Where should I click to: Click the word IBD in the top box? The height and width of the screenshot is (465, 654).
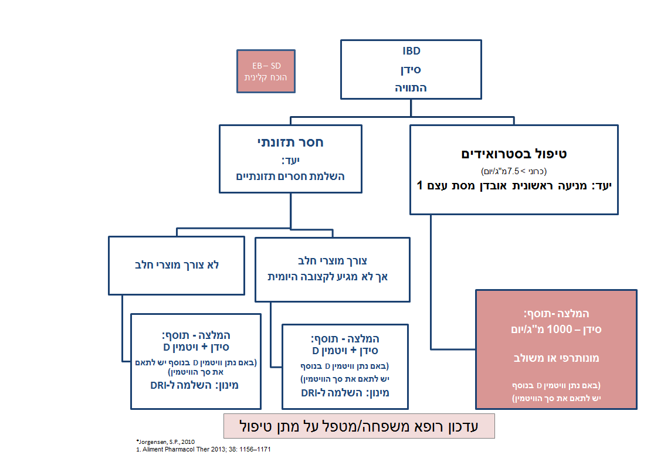tap(411, 51)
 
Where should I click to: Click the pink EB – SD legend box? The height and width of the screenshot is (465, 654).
tap(266, 71)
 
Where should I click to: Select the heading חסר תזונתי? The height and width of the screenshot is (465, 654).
tap(291, 142)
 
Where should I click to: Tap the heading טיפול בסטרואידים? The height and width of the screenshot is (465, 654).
tap(514, 154)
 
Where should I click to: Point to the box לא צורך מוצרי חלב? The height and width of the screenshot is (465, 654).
tap(177, 264)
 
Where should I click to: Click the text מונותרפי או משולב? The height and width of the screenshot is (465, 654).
tap(556, 358)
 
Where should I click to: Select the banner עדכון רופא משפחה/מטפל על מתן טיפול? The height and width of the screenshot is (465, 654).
tap(359, 426)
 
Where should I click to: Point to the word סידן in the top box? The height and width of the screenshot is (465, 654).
tap(411, 70)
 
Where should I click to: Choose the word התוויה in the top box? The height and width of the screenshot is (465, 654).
tap(411, 88)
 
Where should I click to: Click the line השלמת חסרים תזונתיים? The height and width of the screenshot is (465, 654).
tap(290, 176)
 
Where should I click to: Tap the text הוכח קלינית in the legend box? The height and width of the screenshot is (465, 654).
tap(266, 77)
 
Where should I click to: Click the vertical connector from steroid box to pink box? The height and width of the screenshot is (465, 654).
tap(431, 281)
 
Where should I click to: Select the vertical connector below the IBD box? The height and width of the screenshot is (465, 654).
tap(411, 108)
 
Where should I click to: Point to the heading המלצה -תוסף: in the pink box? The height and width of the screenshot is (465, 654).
tap(556, 314)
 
